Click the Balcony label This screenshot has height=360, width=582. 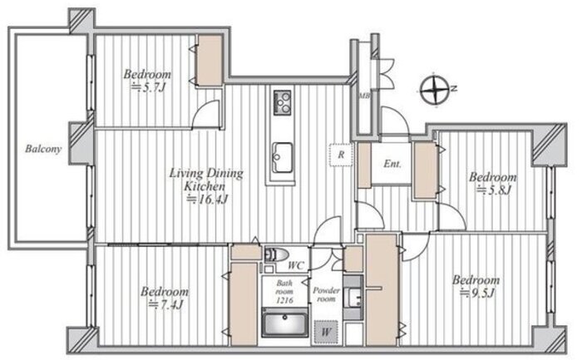(43, 149)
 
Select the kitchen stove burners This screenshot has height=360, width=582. (282, 102)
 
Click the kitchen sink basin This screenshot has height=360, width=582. (282, 157)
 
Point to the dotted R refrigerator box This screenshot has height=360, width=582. (341, 155)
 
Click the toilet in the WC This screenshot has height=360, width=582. (277, 255)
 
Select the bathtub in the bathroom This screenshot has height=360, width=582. (284, 323)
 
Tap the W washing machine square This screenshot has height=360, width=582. (326, 331)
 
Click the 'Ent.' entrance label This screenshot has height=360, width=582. (392, 164)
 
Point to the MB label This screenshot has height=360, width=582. (363, 96)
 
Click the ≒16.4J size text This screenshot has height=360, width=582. (207, 200)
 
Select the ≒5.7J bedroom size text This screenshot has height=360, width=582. (149, 87)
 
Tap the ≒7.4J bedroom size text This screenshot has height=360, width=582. (165, 305)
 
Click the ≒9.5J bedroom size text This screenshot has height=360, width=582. (477, 293)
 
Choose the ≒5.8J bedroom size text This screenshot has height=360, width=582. (494, 190)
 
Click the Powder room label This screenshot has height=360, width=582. (326, 294)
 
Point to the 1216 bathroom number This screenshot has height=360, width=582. (284, 300)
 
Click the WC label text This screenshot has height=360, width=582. (296, 265)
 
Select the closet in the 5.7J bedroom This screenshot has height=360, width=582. (210, 61)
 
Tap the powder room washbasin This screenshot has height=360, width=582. (353, 298)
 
